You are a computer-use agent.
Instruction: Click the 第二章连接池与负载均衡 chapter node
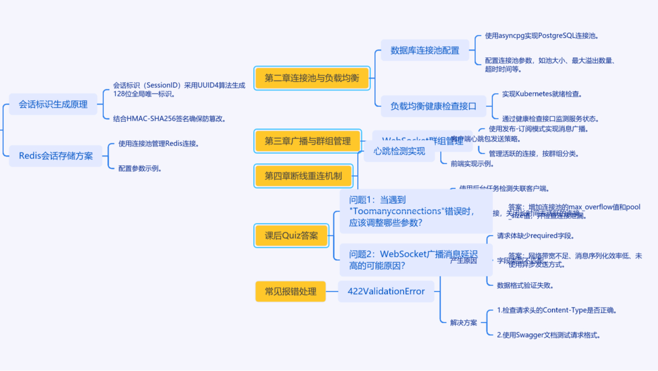pyautogui.click(x=312, y=78)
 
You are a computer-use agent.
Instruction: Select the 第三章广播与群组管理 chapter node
pyautogui.click(x=308, y=141)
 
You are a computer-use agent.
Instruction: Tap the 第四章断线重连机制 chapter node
pyautogui.click(x=303, y=176)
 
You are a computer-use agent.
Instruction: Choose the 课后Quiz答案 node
pyautogui.click(x=291, y=235)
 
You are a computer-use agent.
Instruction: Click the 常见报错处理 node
pyautogui.click(x=290, y=291)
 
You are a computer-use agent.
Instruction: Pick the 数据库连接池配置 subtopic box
pyautogui.click(x=424, y=50)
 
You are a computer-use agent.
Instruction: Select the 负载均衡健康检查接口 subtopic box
pyautogui.click(x=433, y=106)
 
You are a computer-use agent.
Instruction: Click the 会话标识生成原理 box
pyautogui.click(x=53, y=104)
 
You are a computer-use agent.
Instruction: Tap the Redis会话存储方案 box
pyautogui.click(x=56, y=156)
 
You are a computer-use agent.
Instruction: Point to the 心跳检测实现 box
pyautogui.click(x=399, y=152)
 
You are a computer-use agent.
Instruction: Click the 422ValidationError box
pyautogui.click(x=386, y=291)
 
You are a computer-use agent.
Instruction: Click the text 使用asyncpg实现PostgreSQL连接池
pyautogui.click(x=542, y=36)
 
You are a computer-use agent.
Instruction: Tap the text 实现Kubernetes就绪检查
pyautogui.click(x=542, y=94)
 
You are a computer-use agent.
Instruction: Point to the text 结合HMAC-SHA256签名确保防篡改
pyautogui.click(x=169, y=118)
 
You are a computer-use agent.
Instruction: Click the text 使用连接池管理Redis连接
pyautogui.click(x=158, y=143)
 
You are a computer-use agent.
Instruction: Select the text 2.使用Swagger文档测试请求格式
pyautogui.click(x=548, y=335)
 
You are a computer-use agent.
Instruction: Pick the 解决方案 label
pyautogui.click(x=463, y=323)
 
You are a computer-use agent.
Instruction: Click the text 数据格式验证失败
pyautogui.click(x=525, y=286)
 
